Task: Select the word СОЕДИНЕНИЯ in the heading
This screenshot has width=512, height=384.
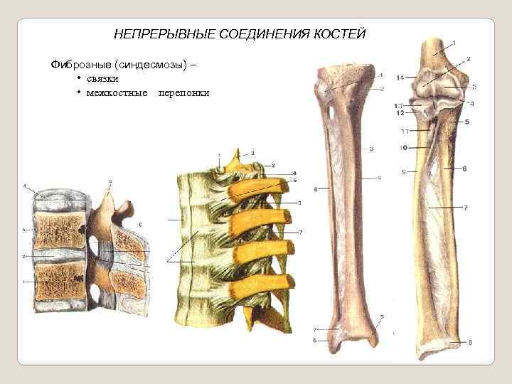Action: pyautogui.click(x=258, y=34)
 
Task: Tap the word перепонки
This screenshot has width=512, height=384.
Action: pyautogui.click(x=184, y=93)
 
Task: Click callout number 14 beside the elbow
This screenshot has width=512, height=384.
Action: pyautogui.click(x=400, y=77)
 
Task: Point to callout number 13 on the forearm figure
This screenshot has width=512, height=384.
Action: pyautogui.click(x=399, y=105)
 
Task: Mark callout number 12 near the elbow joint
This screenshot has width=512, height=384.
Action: pyautogui.click(x=400, y=113)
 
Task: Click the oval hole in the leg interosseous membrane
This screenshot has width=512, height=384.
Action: pyautogui.click(x=331, y=112)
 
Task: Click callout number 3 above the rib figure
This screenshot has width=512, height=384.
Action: pyautogui.click(x=252, y=153)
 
